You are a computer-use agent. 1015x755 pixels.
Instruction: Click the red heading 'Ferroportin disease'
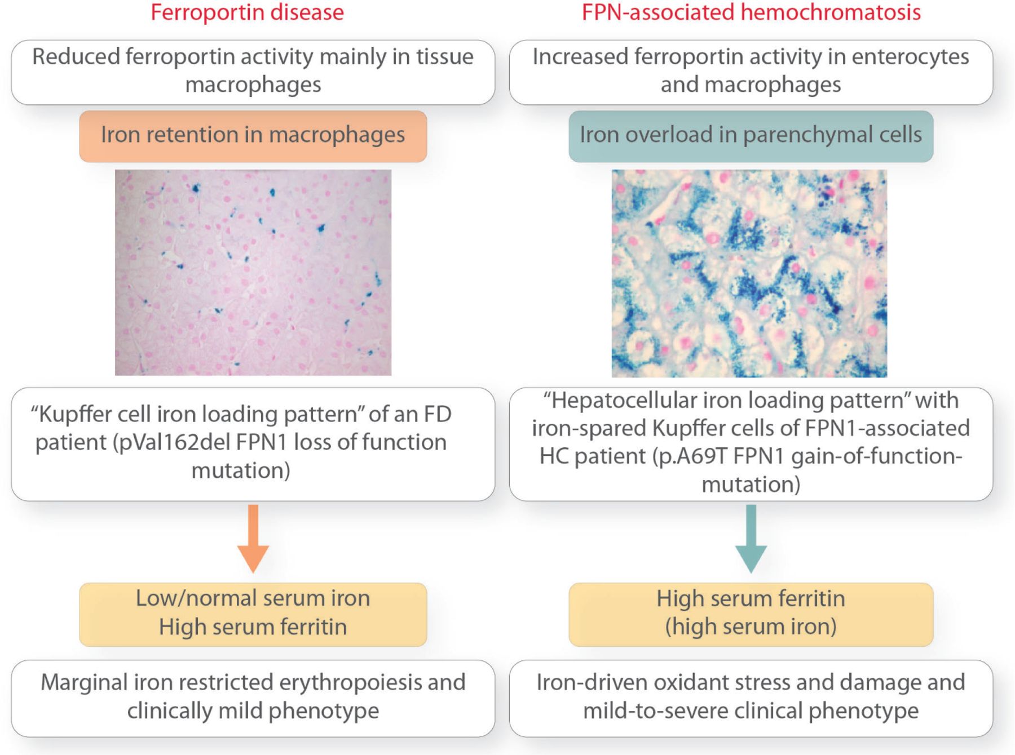247,12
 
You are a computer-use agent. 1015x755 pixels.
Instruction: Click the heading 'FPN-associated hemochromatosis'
751,12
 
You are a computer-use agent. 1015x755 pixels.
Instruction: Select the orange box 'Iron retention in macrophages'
253,136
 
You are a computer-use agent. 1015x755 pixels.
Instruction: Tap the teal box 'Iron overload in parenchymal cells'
751,136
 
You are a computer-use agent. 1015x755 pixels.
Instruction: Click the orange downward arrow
253,538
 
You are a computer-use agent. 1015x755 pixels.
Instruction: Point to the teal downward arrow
751,538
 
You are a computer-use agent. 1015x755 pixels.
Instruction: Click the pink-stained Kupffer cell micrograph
253,273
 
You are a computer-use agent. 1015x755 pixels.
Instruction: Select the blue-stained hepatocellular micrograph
749,273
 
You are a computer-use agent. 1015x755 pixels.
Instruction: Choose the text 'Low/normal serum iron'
253,598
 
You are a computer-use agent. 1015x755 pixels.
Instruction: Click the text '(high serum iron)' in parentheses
751,627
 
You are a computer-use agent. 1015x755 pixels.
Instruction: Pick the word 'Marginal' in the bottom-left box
83,683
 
